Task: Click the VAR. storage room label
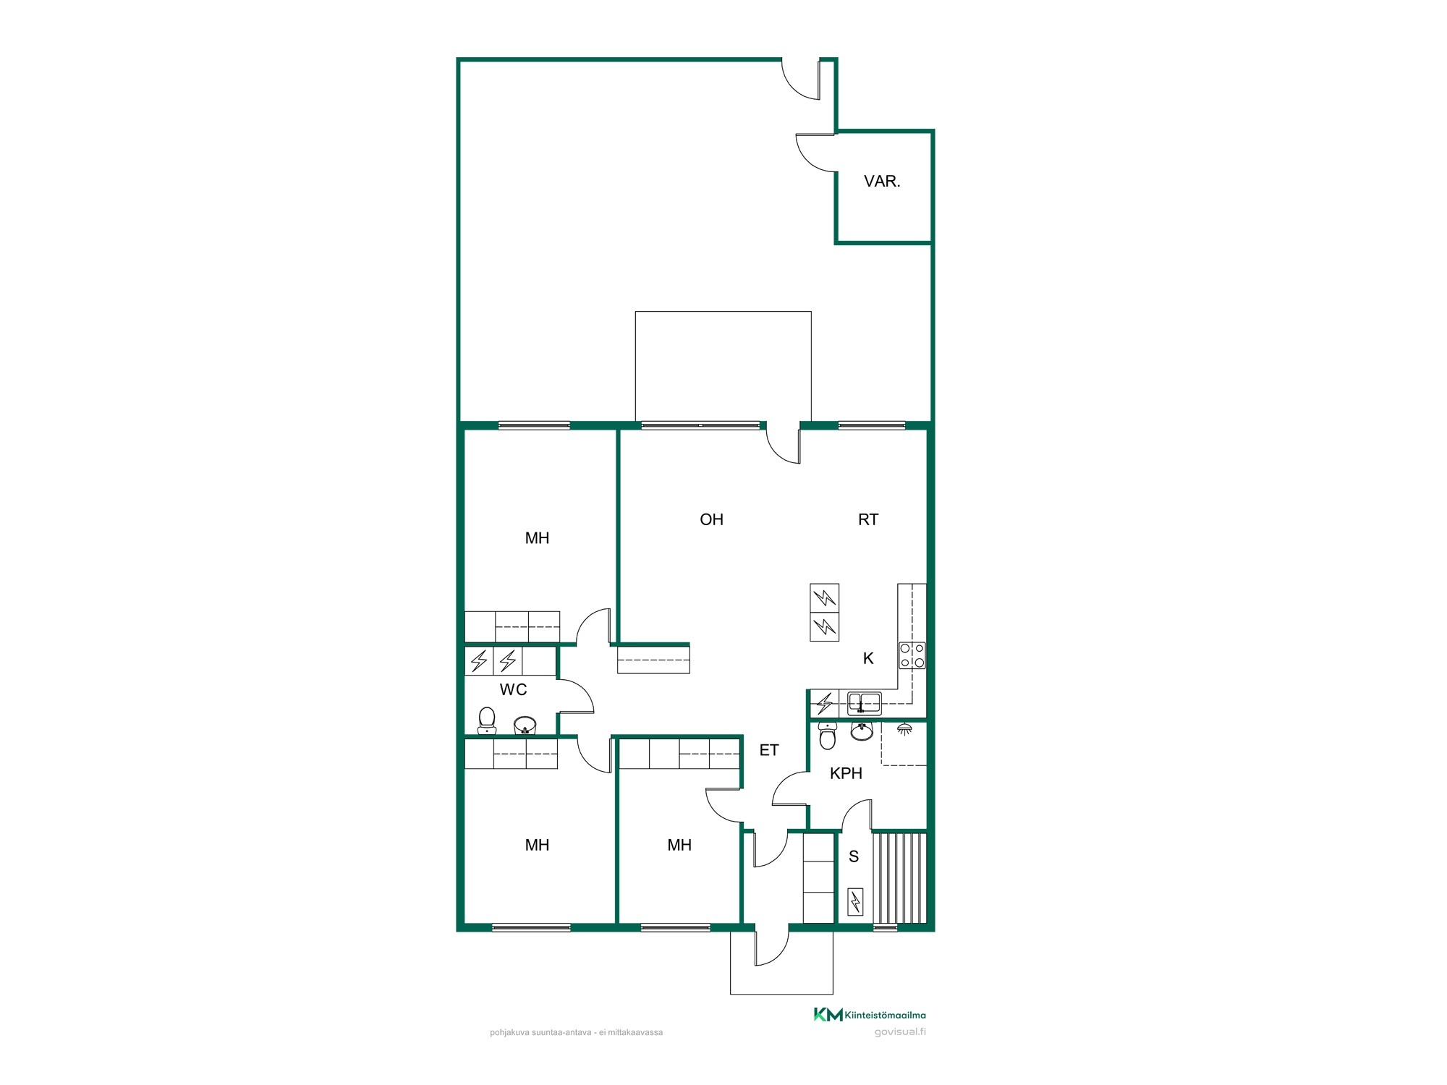click(x=882, y=182)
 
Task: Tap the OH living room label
click(x=711, y=519)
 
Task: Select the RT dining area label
click(x=868, y=519)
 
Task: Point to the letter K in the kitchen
click(x=868, y=658)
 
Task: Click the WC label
click(x=513, y=689)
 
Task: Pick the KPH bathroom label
click(x=846, y=773)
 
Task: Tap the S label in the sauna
click(x=854, y=856)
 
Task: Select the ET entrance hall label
click(x=769, y=750)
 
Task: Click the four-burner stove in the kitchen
click(x=912, y=655)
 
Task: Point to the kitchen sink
click(x=865, y=702)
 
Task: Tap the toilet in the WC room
click(x=487, y=721)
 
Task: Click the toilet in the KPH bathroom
click(x=827, y=736)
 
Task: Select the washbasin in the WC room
click(x=525, y=725)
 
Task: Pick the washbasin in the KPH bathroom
click(x=861, y=731)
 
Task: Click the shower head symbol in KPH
click(x=904, y=729)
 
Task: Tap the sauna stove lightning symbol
click(x=855, y=902)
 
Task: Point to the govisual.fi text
click(x=900, y=1032)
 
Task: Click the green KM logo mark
click(x=828, y=1015)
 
